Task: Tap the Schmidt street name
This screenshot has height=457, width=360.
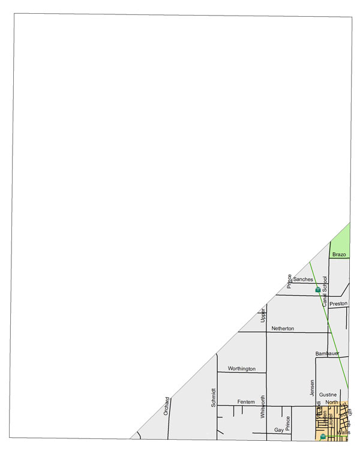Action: click(213, 397)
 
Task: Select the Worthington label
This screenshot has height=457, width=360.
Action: click(242, 368)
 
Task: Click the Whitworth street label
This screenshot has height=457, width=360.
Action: click(262, 407)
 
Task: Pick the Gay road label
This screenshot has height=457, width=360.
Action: click(278, 430)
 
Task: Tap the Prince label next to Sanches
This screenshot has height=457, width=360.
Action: click(289, 281)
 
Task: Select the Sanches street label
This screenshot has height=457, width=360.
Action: click(303, 279)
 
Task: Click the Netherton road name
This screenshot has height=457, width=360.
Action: click(283, 328)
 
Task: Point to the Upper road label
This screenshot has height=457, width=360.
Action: click(262, 315)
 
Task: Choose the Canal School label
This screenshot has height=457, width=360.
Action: click(325, 291)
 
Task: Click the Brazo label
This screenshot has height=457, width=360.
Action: click(339, 255)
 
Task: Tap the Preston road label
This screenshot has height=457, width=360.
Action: click(338, 303)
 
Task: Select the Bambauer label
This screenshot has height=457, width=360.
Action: click(328, 354)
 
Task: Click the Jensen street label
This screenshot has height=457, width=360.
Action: click(312, 387)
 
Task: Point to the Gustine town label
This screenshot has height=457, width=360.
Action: click(328, 395)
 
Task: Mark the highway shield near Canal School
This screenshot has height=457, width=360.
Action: click(317, 290)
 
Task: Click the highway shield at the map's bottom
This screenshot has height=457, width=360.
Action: click(323, 437)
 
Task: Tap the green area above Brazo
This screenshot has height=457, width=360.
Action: click(341, 237)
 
